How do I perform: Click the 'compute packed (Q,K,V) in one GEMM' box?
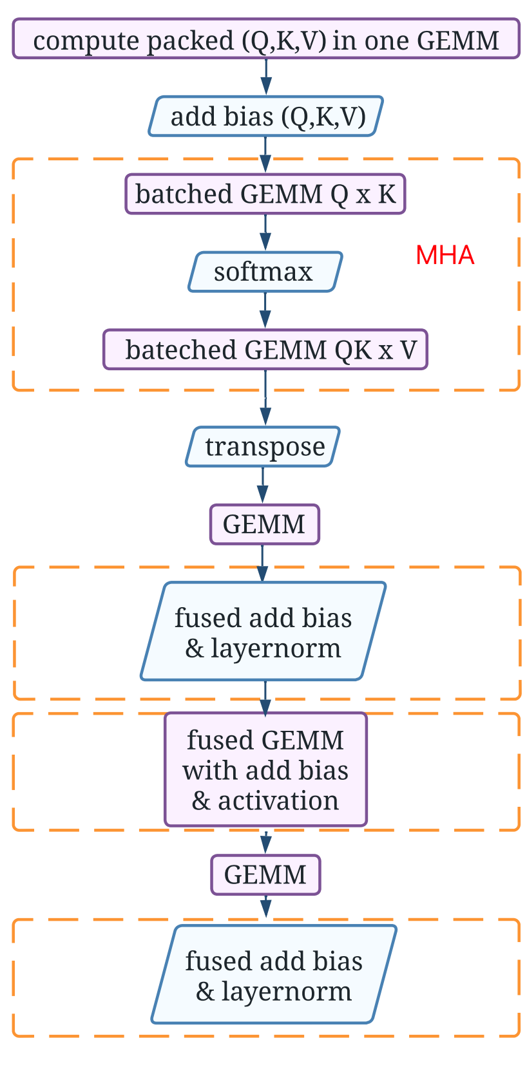(265, 39)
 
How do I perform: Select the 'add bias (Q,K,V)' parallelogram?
(265, 117)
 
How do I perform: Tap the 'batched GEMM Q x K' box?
(265, 194)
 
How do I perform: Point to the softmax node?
(265, 272)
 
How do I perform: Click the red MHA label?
(445, 256)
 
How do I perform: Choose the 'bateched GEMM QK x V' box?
(265, 350)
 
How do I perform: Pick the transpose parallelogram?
(263, 446)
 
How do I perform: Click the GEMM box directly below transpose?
(264, 524)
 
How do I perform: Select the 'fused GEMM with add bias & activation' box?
(265, 769)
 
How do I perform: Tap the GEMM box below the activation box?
(265, 874)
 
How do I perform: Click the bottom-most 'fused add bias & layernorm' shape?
(274, 974)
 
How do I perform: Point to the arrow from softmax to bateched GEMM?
(265, 311)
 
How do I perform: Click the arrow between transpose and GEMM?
(263, 485)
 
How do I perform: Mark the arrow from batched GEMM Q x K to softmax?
(265, 232)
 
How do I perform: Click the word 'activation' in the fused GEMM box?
(278, 800)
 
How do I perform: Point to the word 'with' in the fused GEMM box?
(207, 770)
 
